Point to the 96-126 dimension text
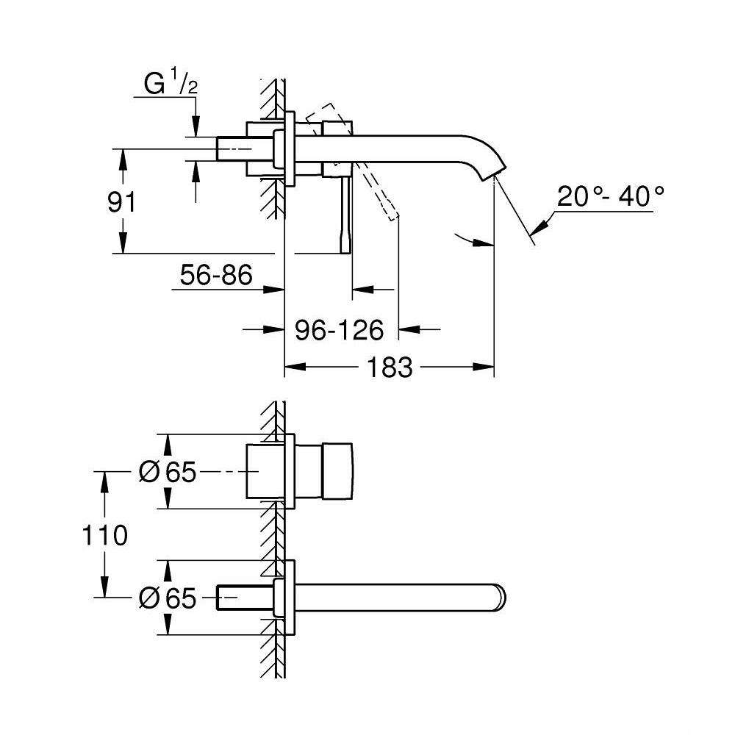pos(340,331)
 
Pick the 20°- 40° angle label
pos(610,198)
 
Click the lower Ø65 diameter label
pos(168,599)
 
